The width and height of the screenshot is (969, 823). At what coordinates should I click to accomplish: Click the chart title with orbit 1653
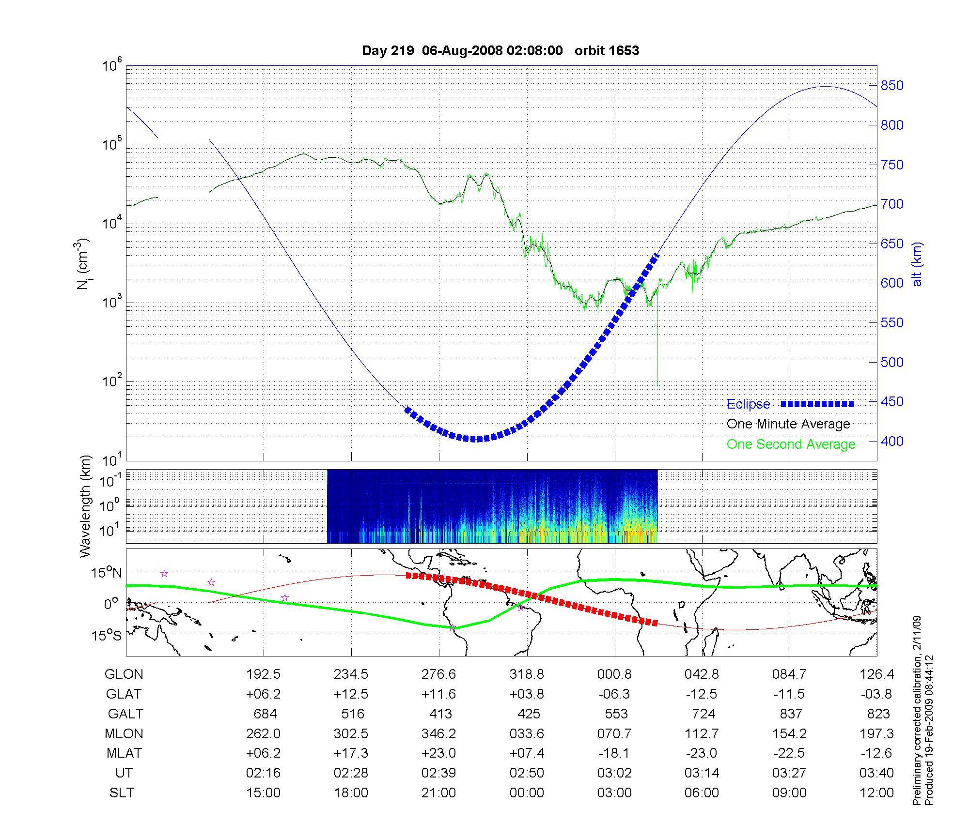tap(500, 51)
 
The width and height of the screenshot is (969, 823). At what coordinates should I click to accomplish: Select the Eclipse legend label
tap(748, 404)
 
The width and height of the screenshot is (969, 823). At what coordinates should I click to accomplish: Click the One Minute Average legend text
tap(788, 424)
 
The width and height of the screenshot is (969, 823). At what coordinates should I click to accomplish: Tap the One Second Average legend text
tap(791, 444)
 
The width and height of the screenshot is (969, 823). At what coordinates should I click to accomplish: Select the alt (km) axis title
tap(918, 264)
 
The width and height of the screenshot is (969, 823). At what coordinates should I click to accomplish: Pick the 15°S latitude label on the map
tap(107, 635)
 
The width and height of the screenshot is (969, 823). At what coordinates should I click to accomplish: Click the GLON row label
tap(124, 674)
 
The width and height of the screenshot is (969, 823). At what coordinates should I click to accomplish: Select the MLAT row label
tap(124, 754)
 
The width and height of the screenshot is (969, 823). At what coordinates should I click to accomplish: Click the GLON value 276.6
tap(439, 674)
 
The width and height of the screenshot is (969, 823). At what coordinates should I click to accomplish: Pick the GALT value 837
tap(790, 714)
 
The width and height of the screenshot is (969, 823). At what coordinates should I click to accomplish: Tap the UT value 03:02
tap(614, 773)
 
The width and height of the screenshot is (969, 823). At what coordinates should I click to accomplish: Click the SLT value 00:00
tap(527, 793)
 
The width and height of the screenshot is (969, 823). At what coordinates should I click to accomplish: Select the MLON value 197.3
tap(877, 734)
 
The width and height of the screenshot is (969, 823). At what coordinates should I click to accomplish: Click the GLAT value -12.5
tap(702, 694)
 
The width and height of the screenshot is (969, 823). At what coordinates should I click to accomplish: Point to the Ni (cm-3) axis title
tap(83, 264)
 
